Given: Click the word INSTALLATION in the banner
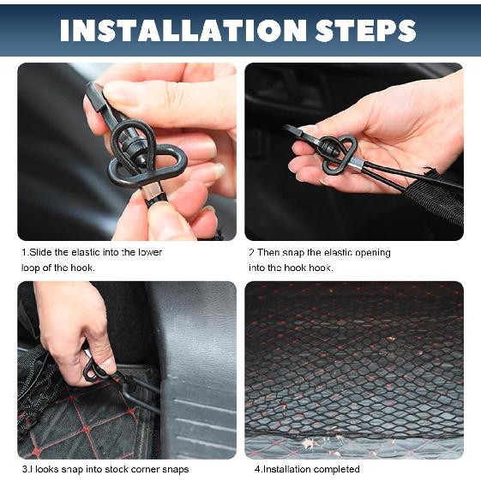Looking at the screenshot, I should point(175,30).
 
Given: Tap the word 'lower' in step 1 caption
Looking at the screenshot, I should point(149,253).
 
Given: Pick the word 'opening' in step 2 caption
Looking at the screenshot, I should point(370,253).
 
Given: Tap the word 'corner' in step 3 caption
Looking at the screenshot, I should point(151,469).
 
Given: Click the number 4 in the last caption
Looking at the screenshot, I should point(256,469).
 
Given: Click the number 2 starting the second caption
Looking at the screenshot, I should point(251,253).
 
